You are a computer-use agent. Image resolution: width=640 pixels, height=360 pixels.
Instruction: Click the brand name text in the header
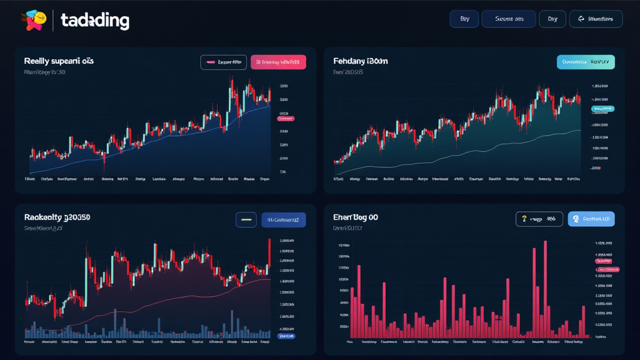95,21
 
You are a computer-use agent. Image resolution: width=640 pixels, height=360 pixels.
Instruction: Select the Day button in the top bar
552,19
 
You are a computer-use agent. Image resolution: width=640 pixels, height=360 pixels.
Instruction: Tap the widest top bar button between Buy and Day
509,19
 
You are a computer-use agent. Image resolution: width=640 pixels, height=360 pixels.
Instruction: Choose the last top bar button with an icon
596,19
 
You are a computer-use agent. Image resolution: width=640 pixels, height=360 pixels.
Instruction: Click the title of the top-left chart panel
59,61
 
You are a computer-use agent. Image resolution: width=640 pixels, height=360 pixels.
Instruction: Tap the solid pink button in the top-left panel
278,62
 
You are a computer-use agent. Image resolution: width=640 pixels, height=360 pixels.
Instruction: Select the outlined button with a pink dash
223,62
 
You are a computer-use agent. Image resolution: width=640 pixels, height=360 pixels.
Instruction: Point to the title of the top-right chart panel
361,61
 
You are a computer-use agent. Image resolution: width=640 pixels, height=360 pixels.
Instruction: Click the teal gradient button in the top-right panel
586,62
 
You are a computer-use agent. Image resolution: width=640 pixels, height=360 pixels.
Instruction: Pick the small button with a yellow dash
246,219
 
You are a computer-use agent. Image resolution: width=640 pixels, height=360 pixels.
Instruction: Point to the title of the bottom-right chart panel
356,217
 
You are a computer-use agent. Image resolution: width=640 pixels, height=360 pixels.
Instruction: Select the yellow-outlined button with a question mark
539,219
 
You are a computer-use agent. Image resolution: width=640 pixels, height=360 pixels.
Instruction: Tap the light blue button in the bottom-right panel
591,219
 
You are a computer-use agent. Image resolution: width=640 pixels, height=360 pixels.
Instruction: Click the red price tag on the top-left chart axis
285,117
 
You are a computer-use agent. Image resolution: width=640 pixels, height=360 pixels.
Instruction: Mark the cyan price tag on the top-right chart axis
603,109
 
